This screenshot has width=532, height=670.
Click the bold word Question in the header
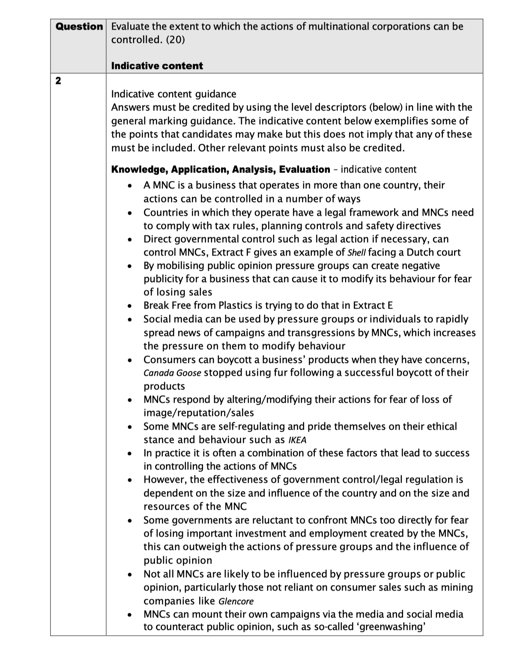pos(79,27)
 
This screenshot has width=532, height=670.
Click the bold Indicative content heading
pos(157,66)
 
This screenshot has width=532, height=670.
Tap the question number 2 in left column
pos(58,81)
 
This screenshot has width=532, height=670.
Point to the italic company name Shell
pos(356,252)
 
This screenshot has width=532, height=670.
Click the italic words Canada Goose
pos(172,373)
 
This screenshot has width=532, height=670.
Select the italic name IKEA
pos(297,440)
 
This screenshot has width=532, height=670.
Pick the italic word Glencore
pos(236,601)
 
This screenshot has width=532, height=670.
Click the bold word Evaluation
pos(305,169)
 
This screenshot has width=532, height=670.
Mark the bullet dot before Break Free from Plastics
pos(129,306)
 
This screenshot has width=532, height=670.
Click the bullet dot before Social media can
pos(129,320)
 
